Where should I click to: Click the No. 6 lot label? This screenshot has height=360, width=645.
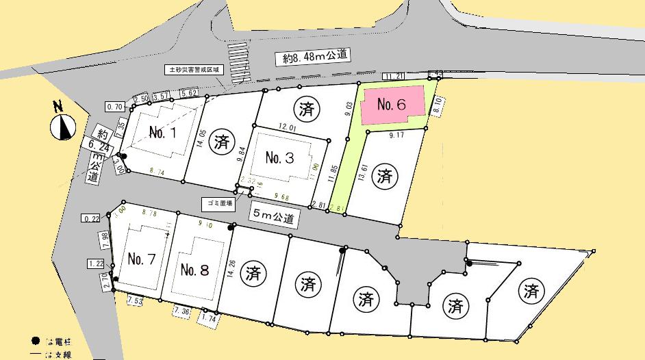(392, 105)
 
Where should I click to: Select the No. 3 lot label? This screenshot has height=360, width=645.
(279, 158)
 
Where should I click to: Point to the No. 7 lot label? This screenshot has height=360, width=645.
(141, 259)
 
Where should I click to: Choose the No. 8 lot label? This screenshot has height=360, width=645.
(194, 269)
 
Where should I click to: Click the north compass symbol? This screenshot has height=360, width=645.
(64, 125)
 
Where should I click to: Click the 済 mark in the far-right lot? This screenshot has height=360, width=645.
(531, 291)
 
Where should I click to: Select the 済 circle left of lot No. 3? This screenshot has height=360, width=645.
(220, 143)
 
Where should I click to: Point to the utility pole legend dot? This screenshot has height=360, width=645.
(35, 341)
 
